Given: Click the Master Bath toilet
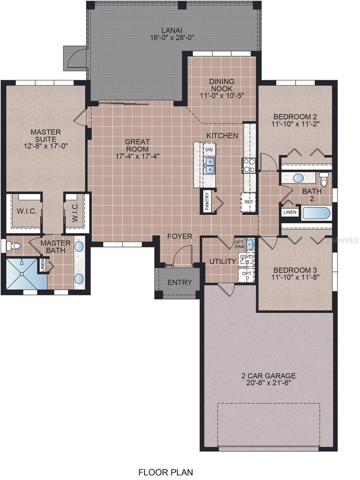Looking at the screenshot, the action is coord(14,246).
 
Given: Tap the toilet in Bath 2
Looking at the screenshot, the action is coord(324,179).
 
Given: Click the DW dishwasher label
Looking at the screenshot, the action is coord(209,150).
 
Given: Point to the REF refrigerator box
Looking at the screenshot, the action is coord(248,202).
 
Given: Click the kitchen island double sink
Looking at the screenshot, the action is coord(209,166).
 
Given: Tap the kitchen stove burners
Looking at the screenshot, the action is coord(249,166).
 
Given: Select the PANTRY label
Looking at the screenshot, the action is coord(207,202).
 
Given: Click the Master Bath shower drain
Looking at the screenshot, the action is coord(22,274).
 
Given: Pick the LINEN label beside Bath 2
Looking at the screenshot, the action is coord(290,212).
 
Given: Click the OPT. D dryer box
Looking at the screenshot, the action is coord(246,275).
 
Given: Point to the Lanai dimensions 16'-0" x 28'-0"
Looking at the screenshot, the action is coord(172,38).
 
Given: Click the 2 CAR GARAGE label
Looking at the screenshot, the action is coord(268,376).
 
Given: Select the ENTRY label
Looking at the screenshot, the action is coord(180,282).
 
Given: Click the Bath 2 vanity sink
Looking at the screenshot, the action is coord(298,178).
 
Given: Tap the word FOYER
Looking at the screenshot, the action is coord(180,236).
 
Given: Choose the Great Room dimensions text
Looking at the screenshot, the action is coord(137,156).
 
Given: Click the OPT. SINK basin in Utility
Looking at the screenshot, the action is coord(250,244).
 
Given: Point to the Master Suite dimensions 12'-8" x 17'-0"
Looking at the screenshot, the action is coord(46,146).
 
